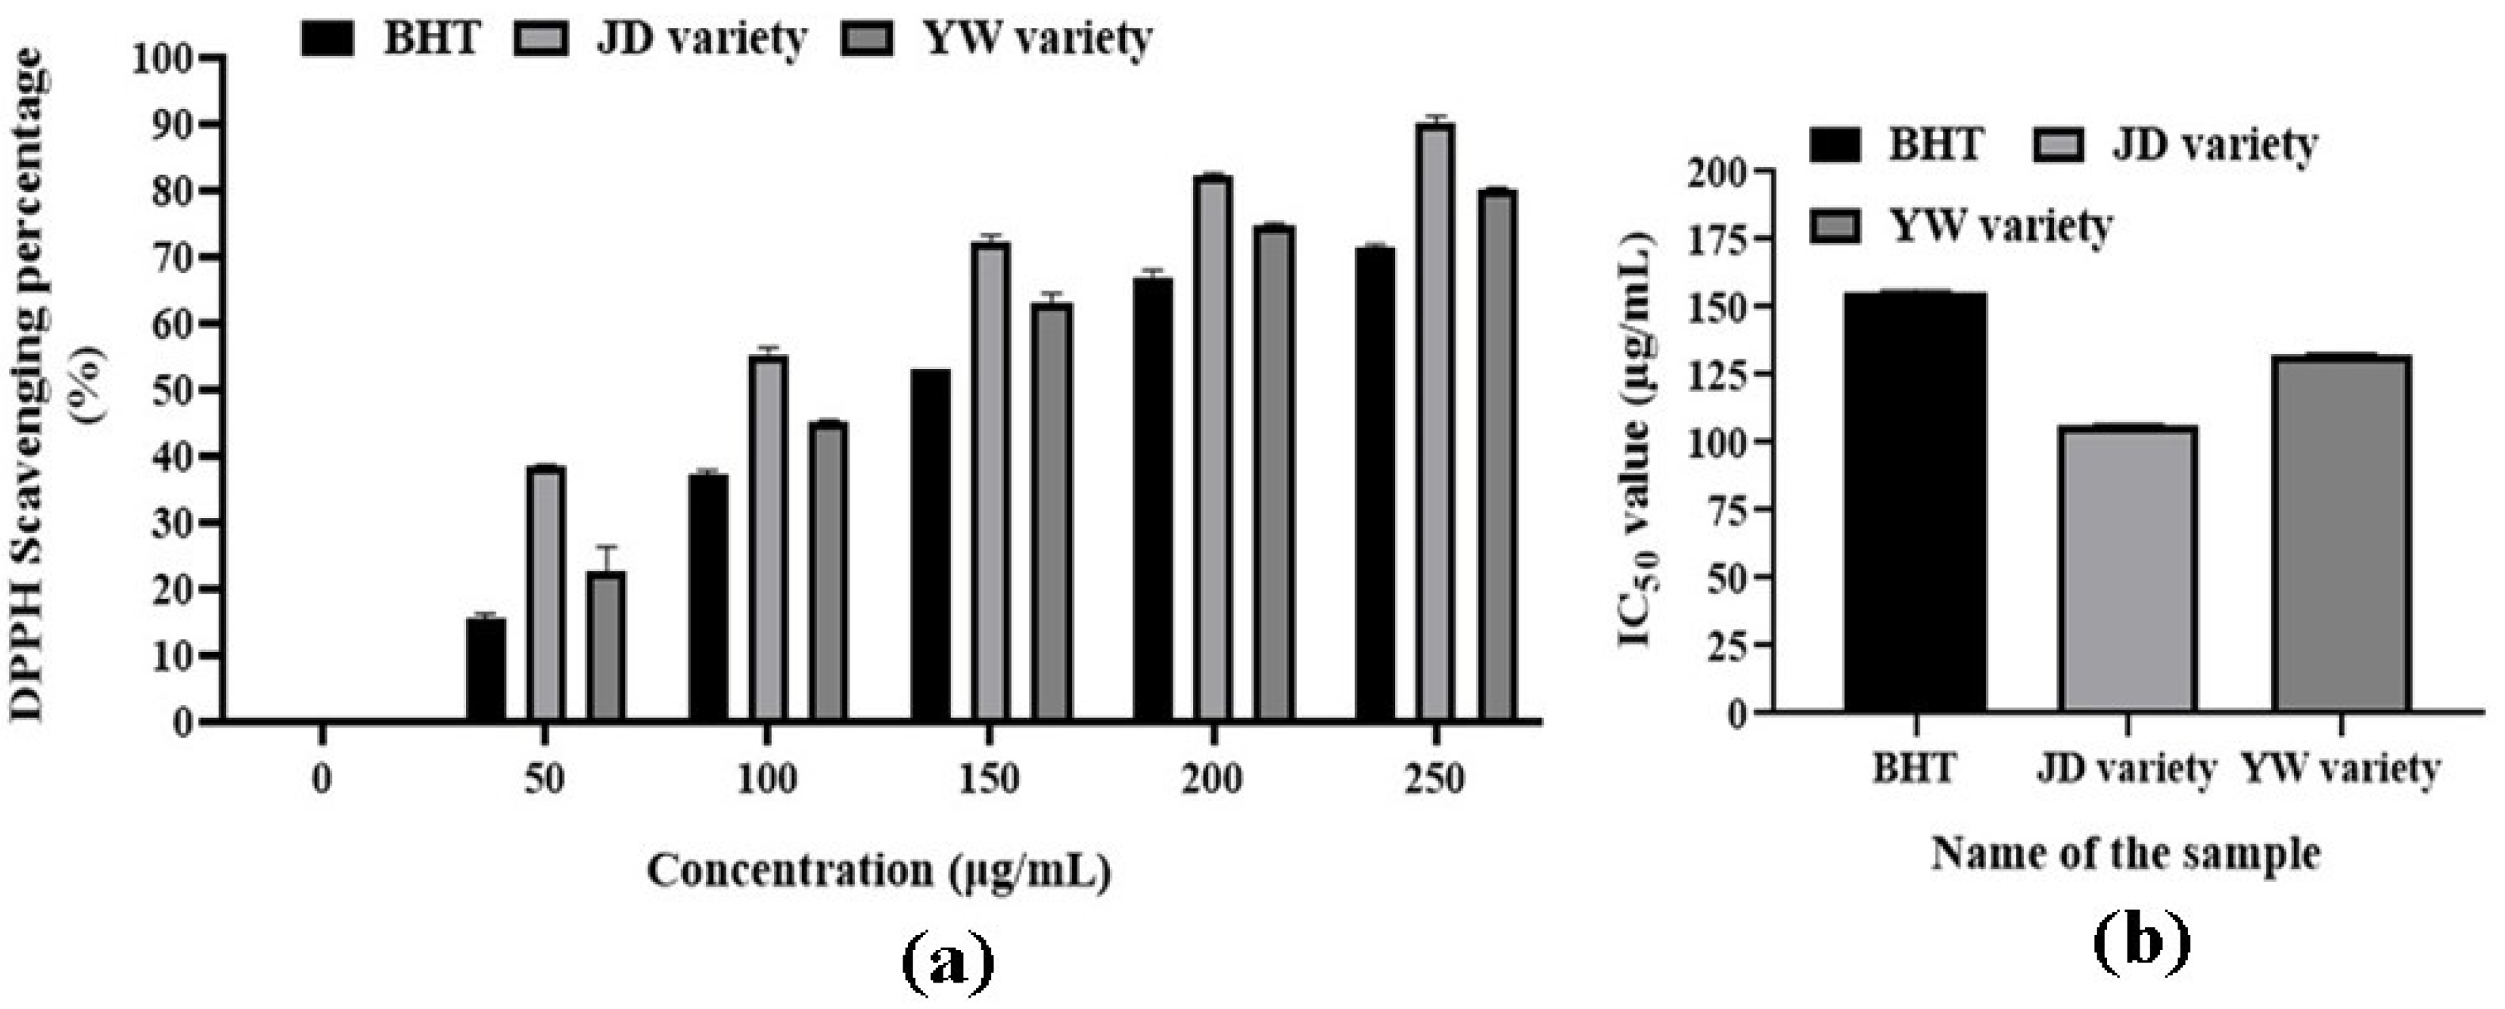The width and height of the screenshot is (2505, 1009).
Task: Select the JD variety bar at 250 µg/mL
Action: click(1435, 423)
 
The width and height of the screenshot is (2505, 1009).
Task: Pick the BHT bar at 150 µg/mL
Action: click(931, 545)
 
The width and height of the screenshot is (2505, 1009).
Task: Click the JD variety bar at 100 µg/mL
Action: click(768, 539)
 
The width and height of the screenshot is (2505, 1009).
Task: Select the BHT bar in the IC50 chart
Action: click(1915, 501)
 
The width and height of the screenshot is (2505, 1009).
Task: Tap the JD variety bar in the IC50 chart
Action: click(2127, 569)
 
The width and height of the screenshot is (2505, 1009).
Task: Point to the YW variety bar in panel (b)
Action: click(2342, 534)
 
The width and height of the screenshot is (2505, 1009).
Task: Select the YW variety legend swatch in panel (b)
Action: click(1834, 226)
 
